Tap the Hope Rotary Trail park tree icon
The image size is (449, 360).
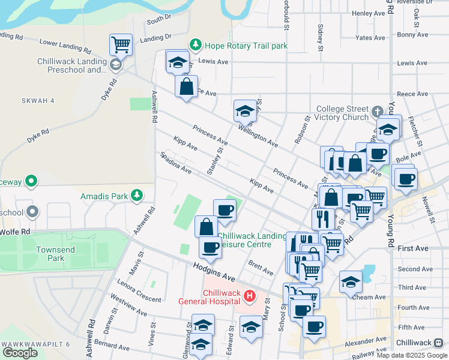195,45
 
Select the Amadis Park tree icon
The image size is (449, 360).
137,196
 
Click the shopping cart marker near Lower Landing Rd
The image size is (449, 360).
121,45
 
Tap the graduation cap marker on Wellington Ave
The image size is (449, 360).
245,112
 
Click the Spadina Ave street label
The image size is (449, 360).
176,163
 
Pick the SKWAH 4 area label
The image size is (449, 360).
37,101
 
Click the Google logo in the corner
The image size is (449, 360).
20,352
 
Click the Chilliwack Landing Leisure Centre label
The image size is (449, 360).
252,240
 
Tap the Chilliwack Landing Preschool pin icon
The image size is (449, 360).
115,65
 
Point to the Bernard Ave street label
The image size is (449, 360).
112,347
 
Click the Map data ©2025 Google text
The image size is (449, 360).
412,355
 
